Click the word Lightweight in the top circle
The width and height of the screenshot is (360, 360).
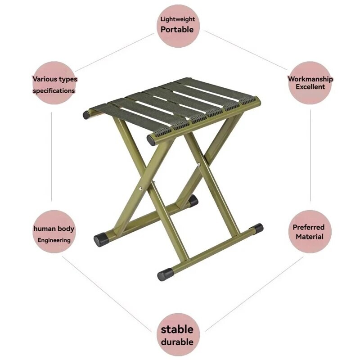[x=178, y=19]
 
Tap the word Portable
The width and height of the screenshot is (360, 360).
[x=177, y=30]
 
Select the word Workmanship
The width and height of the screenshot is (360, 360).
[x=310, y=79]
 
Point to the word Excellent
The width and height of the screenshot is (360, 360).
[x=310, y=87]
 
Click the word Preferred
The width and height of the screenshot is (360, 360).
[x=308, y=227]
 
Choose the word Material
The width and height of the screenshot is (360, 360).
[x=309, y=237]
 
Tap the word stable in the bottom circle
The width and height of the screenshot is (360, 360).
[x=177, y=329]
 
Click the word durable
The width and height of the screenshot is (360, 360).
[x=177, y=342]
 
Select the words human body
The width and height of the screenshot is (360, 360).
[x=54, y=229]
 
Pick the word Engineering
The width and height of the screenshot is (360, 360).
[x=54, y=240]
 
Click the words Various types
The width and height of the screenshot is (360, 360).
[x=54, y=79]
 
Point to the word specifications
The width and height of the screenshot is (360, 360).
[x=54, y=91]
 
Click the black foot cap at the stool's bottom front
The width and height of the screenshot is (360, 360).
[x=165, y=274]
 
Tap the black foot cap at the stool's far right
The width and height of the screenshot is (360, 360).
[x=256, y=228]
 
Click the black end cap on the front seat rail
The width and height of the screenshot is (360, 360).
[x=151, y=140]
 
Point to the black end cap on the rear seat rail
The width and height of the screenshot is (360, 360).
[x=86, y=115]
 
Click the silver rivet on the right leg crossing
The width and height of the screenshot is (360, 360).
[x=198, y=164]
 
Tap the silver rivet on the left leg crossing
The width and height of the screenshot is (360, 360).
[x=140, y=189]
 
